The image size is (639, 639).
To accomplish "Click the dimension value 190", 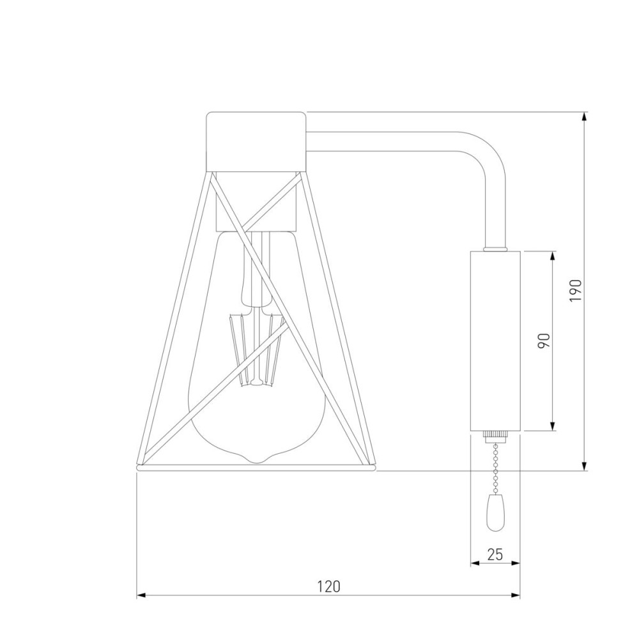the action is click(x=576, y=291).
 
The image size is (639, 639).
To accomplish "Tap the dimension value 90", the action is click(x=544, y=341).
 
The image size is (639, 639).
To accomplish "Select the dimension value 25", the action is click(x=495, y=554).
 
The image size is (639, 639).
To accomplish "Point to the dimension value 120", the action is click(x=328, y=586).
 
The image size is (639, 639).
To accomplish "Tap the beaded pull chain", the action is click(x=496, y=468).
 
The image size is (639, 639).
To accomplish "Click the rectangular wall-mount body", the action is click(x=496, y=341).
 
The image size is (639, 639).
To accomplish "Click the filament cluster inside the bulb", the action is click(x=257, y=348).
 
